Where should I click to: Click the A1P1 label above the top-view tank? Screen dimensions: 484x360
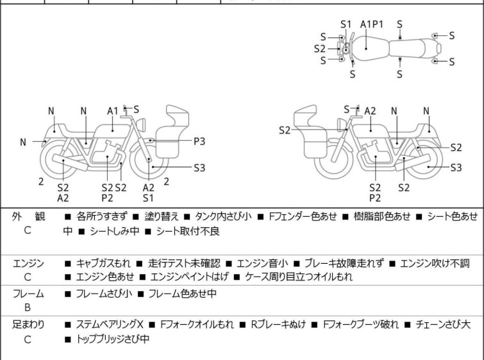(372, 24)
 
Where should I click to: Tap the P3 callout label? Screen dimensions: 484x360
(199, 141)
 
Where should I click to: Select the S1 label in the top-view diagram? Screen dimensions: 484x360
(346, 24)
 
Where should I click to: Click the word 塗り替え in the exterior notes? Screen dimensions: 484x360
(162, 216)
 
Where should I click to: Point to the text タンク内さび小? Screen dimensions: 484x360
(223, 216)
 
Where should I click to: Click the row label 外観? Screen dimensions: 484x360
(28, 216)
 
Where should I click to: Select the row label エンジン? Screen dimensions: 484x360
(28, 263)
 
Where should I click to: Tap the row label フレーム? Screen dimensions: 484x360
(28, 293)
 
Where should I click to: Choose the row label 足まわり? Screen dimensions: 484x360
(28, 325)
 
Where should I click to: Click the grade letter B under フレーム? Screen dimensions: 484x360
(28, 307)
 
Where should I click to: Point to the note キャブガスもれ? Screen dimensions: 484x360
(103, 263)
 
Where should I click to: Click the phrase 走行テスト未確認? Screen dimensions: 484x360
(184, 263)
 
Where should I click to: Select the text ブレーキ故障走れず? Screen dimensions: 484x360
(344, 263)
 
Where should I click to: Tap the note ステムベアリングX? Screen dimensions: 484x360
(110, 325)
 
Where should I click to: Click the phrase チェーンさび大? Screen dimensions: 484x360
(443, 325)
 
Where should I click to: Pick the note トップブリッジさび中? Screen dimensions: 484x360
(113, 339)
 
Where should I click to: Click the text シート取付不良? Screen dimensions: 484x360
(188, 231)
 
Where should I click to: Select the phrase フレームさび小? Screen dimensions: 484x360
(104, 293)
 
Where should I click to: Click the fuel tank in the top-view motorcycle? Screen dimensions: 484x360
(370, 47)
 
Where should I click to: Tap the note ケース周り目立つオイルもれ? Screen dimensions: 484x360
(299, 277)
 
